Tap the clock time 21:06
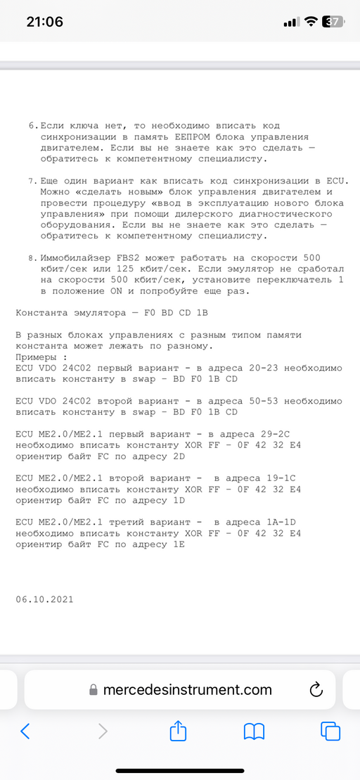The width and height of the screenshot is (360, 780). coord(44,22)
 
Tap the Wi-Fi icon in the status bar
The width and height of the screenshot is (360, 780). coord(310,22)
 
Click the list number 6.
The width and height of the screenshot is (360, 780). coord(32,124)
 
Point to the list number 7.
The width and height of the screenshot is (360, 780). coord(32,181)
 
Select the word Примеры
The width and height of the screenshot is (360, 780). coord(35,357)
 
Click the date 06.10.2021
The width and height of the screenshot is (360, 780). coord(44,599)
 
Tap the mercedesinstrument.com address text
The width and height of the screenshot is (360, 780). coord(187,690)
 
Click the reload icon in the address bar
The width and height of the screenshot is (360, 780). coord(315,689)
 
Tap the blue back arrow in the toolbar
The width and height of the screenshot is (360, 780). coord(25,731)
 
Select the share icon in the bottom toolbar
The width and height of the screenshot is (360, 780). coord(178,731)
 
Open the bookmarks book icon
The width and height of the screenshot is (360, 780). coord(254,731)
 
